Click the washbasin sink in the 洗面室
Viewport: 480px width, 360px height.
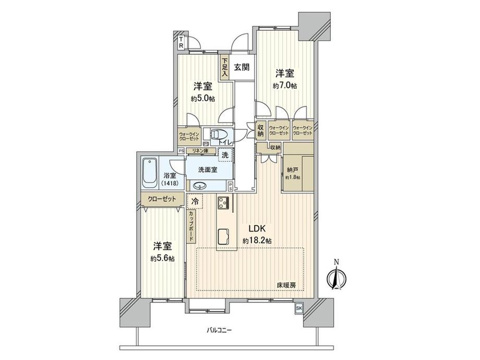tap(200, 185)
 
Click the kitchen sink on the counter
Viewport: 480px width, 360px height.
tap(224, 236)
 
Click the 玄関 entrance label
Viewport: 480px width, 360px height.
tap(241, 67)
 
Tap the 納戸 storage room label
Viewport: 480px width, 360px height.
tap(292, 169)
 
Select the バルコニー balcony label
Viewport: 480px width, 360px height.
tap(219, 330)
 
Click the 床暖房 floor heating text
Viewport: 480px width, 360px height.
tap(286, 285)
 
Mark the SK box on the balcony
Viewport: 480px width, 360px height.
tap(299, 308)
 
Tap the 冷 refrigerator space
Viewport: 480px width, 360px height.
tap(195, 201)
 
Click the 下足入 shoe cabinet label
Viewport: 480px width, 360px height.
tap(224, 68)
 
